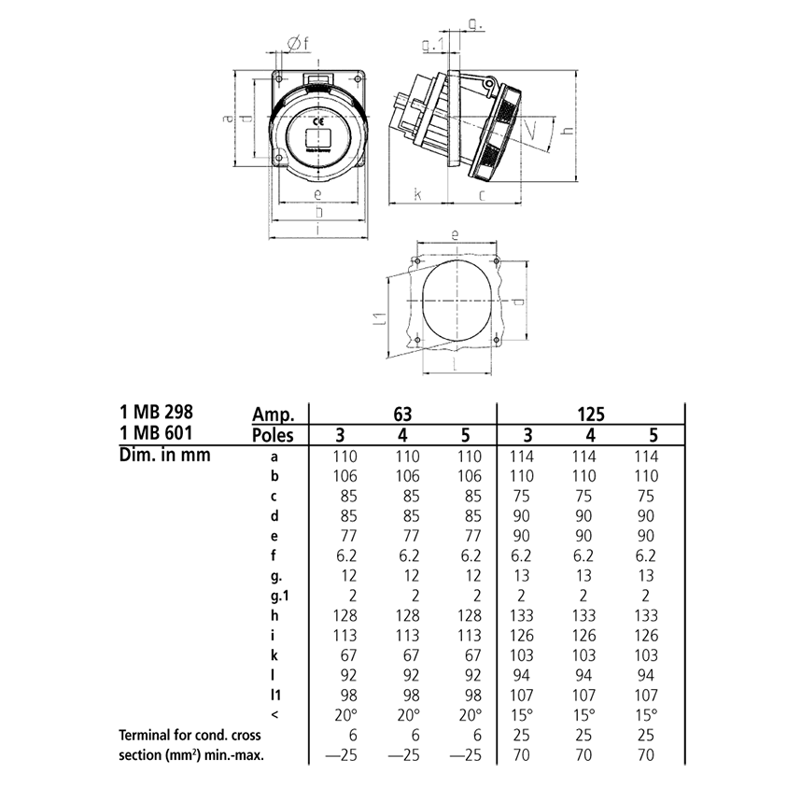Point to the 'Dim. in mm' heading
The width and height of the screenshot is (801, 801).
pyautogui.click(x=164, y=456)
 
